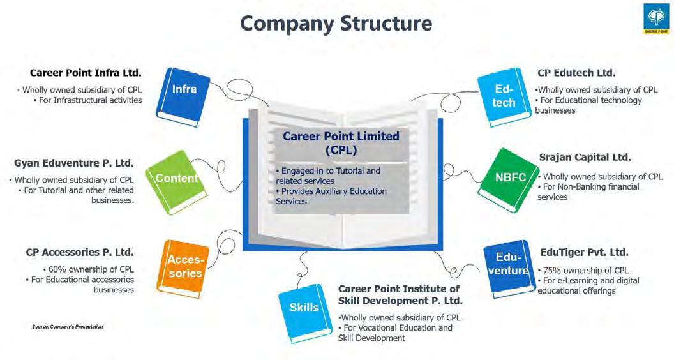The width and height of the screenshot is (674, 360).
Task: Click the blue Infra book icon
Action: click(x=183, y=94)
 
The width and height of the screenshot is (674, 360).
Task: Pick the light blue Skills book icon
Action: click(x=304, y=309)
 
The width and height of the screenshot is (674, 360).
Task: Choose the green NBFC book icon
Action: click(x=511, y=177)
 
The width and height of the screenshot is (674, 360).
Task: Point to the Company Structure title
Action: click(x=336, y=24)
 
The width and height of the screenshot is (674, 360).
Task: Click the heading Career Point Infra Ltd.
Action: click(x=86, y=73)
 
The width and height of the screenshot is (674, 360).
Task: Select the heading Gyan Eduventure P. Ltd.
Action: click(x=74, y=163)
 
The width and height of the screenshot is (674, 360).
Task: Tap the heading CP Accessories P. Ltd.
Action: click(x=80, y=252)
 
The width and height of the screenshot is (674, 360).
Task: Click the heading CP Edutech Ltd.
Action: click(x=576, y=73)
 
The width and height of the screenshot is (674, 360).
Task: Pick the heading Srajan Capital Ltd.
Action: click(x=585, y=157)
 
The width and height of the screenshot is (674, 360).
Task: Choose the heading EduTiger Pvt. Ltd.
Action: click(x=584, y=252)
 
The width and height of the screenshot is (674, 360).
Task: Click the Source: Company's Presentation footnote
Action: click(x=67, y=326)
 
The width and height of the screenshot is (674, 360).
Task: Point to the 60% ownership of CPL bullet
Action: click(x=89, y=269)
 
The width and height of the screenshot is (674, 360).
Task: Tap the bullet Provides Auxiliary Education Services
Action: click(x=331, y=196)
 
